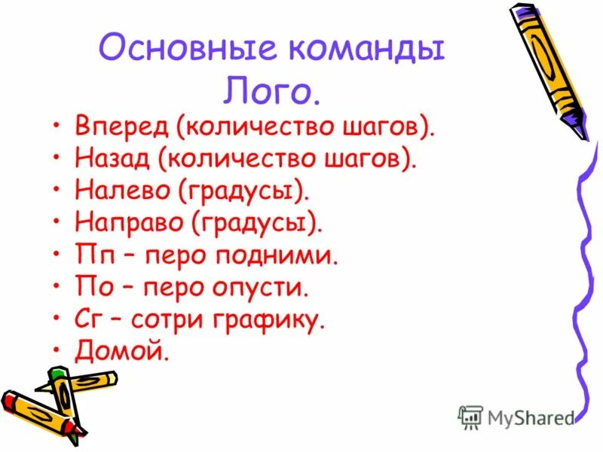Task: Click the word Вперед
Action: [x=121, y=126]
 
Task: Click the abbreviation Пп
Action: [x=93, y=255]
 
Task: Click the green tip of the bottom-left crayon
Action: [x=60, y=374]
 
